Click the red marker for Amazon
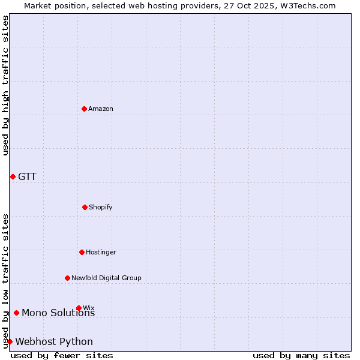point(85,109)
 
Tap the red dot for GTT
point(13,176)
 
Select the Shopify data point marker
point(85,207)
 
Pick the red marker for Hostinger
point(82,252)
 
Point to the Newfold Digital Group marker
point(67,278)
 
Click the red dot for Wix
point(79,308)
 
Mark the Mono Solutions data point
point(16,313)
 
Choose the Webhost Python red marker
point(10,341)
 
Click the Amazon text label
point(101,109)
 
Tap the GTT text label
point(27,176)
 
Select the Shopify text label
point(100,207)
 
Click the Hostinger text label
point(101,252)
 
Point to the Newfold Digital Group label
point(106,278)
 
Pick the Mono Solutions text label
point(58,313)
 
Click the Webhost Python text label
point(54,341)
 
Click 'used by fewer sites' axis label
point(62,355)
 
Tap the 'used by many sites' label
point(301,355)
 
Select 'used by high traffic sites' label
point(5,85)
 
